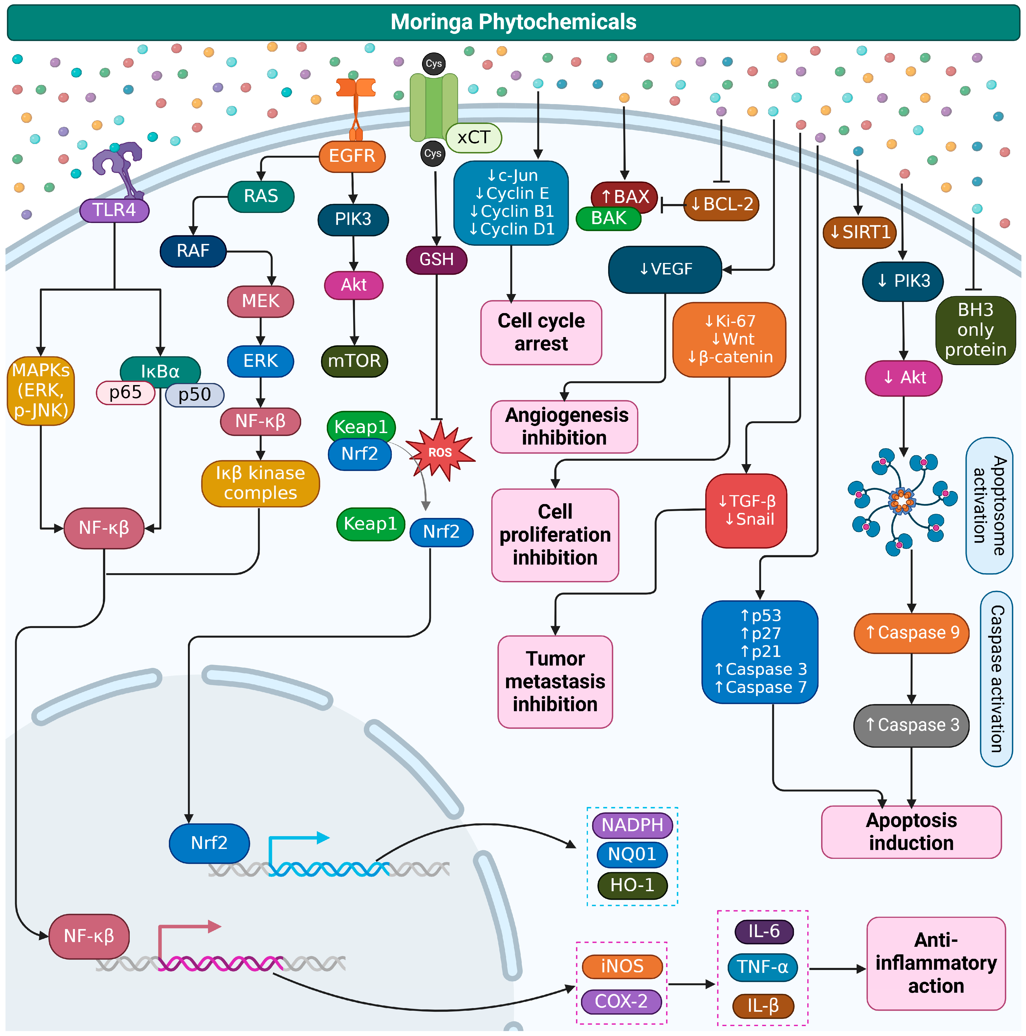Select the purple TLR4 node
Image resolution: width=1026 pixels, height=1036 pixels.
[114, 210]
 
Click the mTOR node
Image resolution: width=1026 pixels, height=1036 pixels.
[354, 361]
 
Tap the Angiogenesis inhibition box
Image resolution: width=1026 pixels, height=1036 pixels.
[564, 426]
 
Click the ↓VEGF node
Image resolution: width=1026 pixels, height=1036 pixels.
[665, 269]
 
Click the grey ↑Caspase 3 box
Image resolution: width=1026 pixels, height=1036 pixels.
[911, 725]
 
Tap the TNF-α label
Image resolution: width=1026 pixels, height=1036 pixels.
[762, 967]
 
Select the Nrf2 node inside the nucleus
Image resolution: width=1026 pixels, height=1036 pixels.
[209, 843]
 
